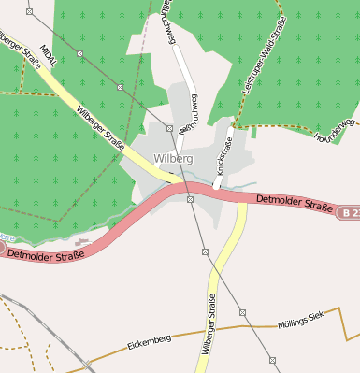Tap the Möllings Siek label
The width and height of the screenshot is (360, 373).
pyautogui.click(x=299, y=323)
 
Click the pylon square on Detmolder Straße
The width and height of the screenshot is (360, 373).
pyautogui.click(x=190, y=198)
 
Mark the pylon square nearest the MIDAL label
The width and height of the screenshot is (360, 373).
pyautogui.click(x=79, y=54)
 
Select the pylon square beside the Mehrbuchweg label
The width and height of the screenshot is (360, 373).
pyautogui.click(x=169, y=127)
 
